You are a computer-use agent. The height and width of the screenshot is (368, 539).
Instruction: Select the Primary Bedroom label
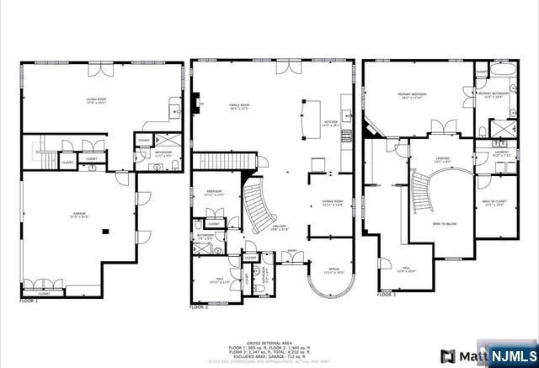[413, 95]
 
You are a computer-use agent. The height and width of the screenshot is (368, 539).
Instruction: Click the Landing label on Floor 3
[443, 158]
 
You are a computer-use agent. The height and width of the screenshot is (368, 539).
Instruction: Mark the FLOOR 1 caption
[29, 300]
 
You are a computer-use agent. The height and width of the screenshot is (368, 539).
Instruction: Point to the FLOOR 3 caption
[387, 295]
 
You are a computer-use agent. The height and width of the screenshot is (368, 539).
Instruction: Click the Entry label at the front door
[291, 251]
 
